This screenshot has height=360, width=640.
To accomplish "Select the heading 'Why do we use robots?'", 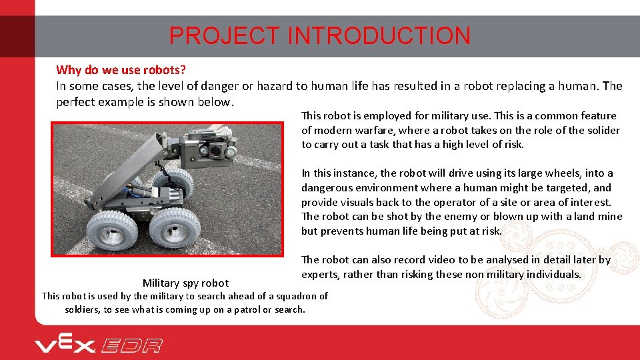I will [x=121, y=70].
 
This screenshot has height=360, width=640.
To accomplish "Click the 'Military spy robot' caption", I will [x=185, y=283].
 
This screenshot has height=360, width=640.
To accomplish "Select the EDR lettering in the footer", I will [x=131, y=345].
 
